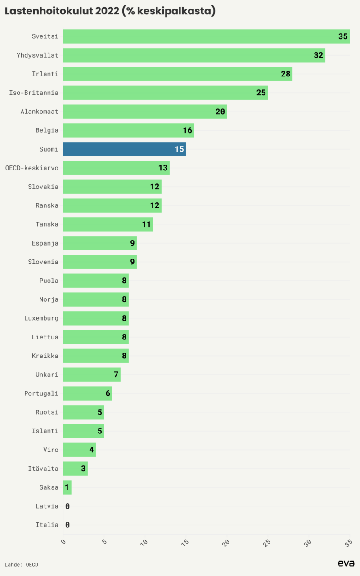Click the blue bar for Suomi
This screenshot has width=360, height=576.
click(124, 149)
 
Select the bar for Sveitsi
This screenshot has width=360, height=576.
click(206, 36)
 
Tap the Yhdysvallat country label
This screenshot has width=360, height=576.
click(39, 55)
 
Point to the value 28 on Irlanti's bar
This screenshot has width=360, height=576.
click(286, 74)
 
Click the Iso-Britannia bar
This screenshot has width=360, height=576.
click(165, 93)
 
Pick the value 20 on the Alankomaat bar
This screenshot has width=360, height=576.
click(220, 112)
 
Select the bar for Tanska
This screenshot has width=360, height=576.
click(108, 224)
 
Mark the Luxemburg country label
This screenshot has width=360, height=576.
click(41, 318)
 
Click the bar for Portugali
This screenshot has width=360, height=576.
click(87, 394)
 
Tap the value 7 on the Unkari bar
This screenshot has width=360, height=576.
click(116, 375)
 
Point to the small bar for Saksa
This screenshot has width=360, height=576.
click(67, 487)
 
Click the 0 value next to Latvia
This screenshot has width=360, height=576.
click(67, 506)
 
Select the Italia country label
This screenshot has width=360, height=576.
click(47, 525)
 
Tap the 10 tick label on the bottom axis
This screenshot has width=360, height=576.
click(144, 543)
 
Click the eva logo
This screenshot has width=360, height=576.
click(346, 563)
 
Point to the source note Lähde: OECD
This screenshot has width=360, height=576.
click(22, 564)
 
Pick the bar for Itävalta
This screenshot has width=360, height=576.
click(75, 469)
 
